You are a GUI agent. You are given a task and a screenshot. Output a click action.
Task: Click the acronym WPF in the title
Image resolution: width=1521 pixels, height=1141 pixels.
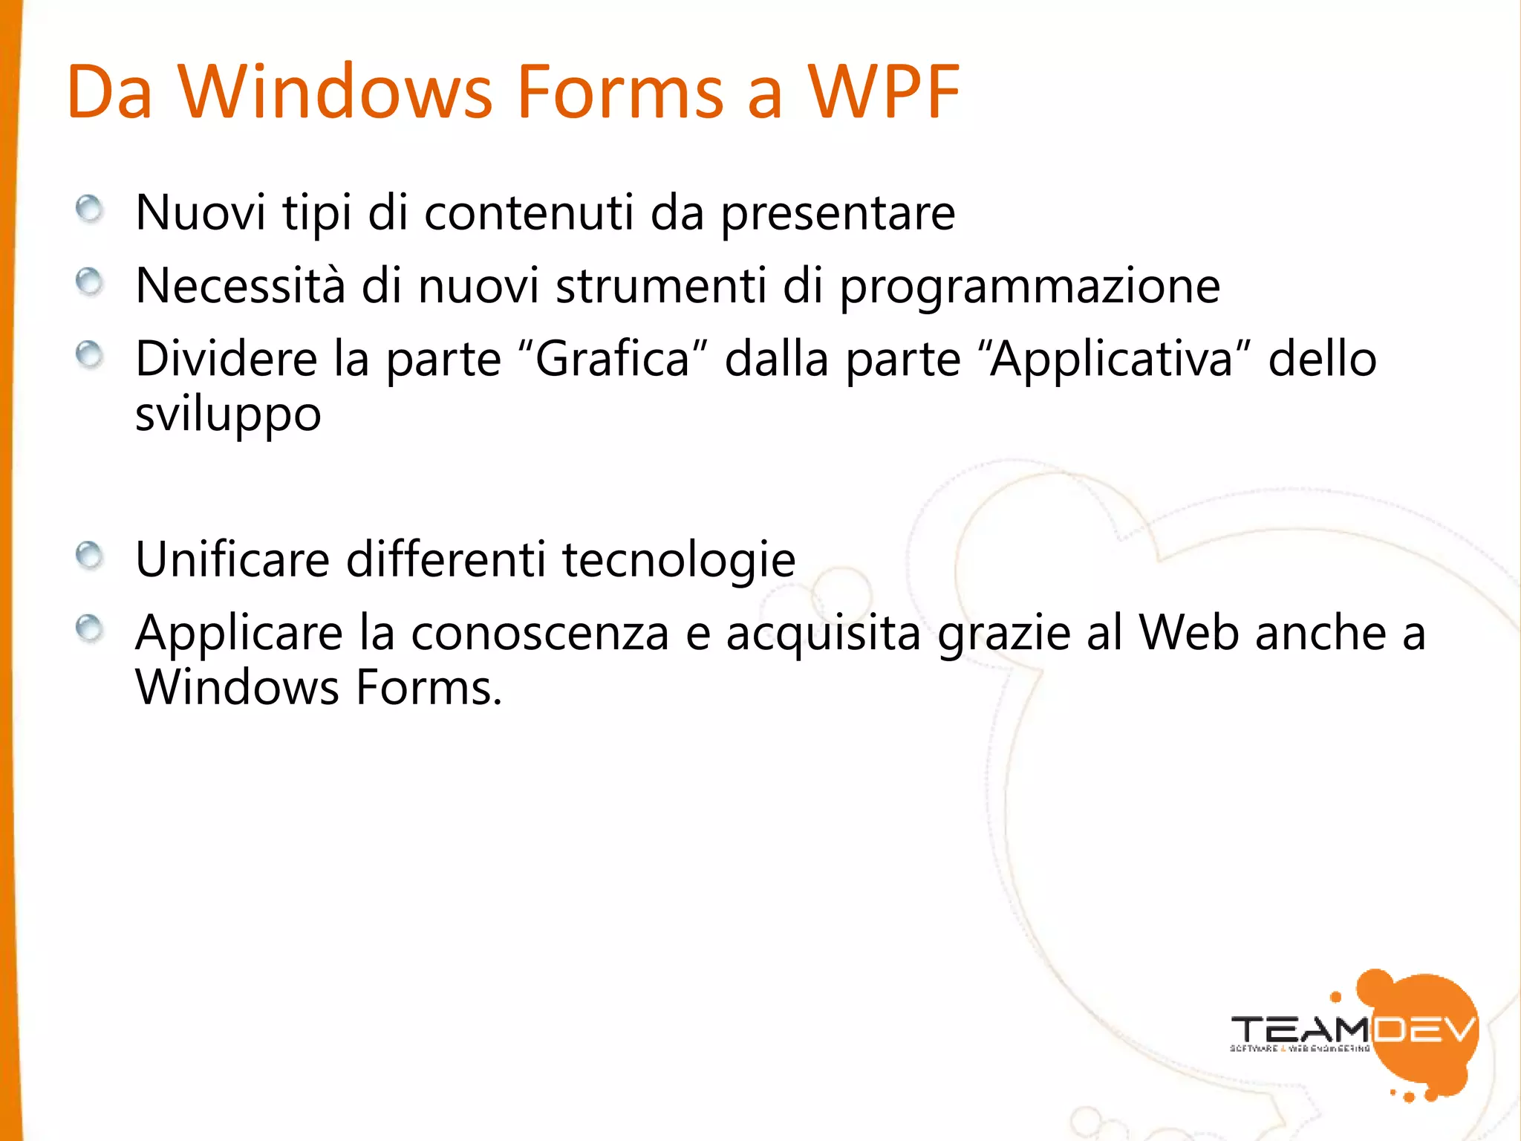(x=884, y=92)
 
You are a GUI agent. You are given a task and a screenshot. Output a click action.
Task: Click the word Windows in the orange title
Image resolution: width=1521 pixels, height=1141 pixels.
(x=335, y=92)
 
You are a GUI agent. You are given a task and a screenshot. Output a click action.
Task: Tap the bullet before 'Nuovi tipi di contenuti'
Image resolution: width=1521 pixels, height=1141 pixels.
(x=90, y=209)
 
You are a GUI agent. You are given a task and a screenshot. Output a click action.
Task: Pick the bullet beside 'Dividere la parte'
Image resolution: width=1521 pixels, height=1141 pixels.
(x=90, y=355)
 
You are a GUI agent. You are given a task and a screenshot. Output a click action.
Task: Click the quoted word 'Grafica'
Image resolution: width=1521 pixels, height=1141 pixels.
(x=612, y=360)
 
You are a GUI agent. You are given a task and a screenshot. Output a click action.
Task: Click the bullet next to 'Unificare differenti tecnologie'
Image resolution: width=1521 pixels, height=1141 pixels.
(x=90, y=555)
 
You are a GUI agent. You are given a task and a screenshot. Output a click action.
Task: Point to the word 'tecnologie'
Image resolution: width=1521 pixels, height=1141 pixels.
(x=679, y=560)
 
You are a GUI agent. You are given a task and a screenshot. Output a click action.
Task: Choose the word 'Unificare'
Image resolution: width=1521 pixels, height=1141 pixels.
(x=232, y=559)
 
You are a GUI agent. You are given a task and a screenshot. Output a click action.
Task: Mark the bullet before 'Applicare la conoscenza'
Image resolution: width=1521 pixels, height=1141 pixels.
(x=90, y=629)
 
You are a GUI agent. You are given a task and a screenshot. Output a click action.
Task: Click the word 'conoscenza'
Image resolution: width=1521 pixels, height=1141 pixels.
(x=540, y=634)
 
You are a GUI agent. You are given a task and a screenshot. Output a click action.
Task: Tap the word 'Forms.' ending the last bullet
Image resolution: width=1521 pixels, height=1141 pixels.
(x=429, y=688)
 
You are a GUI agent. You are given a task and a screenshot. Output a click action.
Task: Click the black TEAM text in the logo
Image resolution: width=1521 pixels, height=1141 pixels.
(x=1299, y=1030)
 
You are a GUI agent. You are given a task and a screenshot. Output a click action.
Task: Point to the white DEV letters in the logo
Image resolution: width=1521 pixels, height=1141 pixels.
(x=1421, y=1030)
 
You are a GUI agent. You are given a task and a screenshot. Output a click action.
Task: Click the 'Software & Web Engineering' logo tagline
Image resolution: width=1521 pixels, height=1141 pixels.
(x=1300, y=1049)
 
